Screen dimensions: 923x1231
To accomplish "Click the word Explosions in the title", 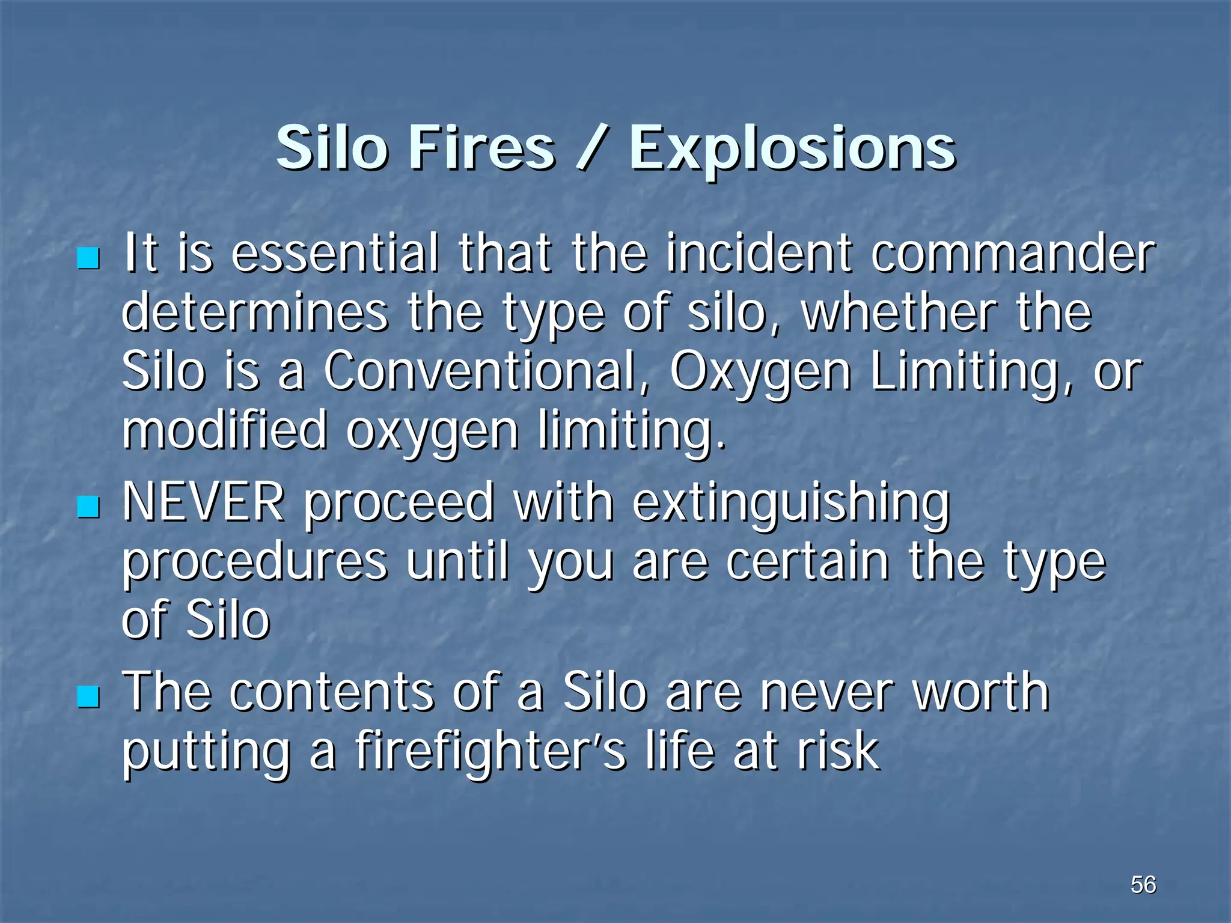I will [x=792, y=148].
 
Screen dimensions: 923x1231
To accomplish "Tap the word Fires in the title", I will [x=481, y=148].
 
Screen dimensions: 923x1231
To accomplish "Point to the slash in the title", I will [x=591, y=148].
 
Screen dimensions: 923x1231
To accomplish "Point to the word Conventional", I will [x=480, y=372].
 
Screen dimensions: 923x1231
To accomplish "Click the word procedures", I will [x=255, y=564].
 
